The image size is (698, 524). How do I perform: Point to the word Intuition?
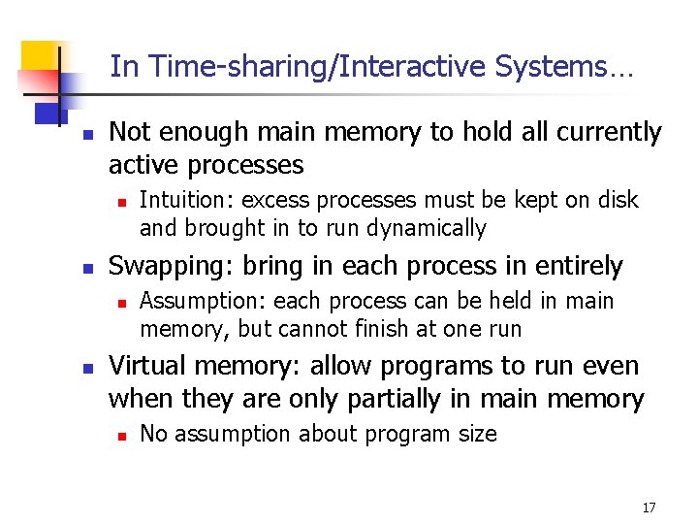click(187, 201)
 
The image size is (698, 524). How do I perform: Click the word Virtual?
click(145, 366)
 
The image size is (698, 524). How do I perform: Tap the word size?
click(476, 435)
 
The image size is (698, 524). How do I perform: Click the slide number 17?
click(649, 508)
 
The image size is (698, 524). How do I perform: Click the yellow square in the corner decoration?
click(39, 62)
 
